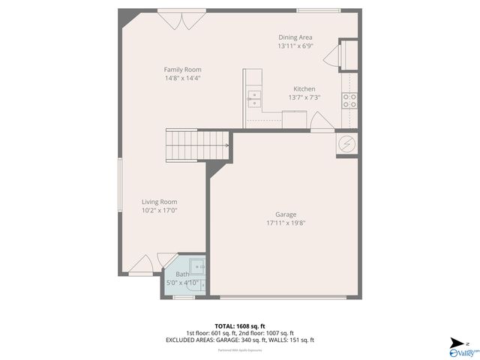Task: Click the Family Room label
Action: [x=182, y=70]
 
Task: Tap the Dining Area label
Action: [x=295, y=37]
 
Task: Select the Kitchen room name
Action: [x=304, y=88]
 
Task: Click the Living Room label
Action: [x=159, y=202]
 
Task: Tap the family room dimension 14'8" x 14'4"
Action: [x=182, y=78]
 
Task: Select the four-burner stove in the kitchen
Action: [x=349, y=100]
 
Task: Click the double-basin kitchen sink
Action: [x=254, y=95]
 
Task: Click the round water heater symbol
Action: [x=347, y=143]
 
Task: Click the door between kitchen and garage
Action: [x=319, y=121]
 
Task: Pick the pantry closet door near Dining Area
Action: [x=343, y=54]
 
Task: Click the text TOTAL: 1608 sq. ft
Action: [x=240, y=326]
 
